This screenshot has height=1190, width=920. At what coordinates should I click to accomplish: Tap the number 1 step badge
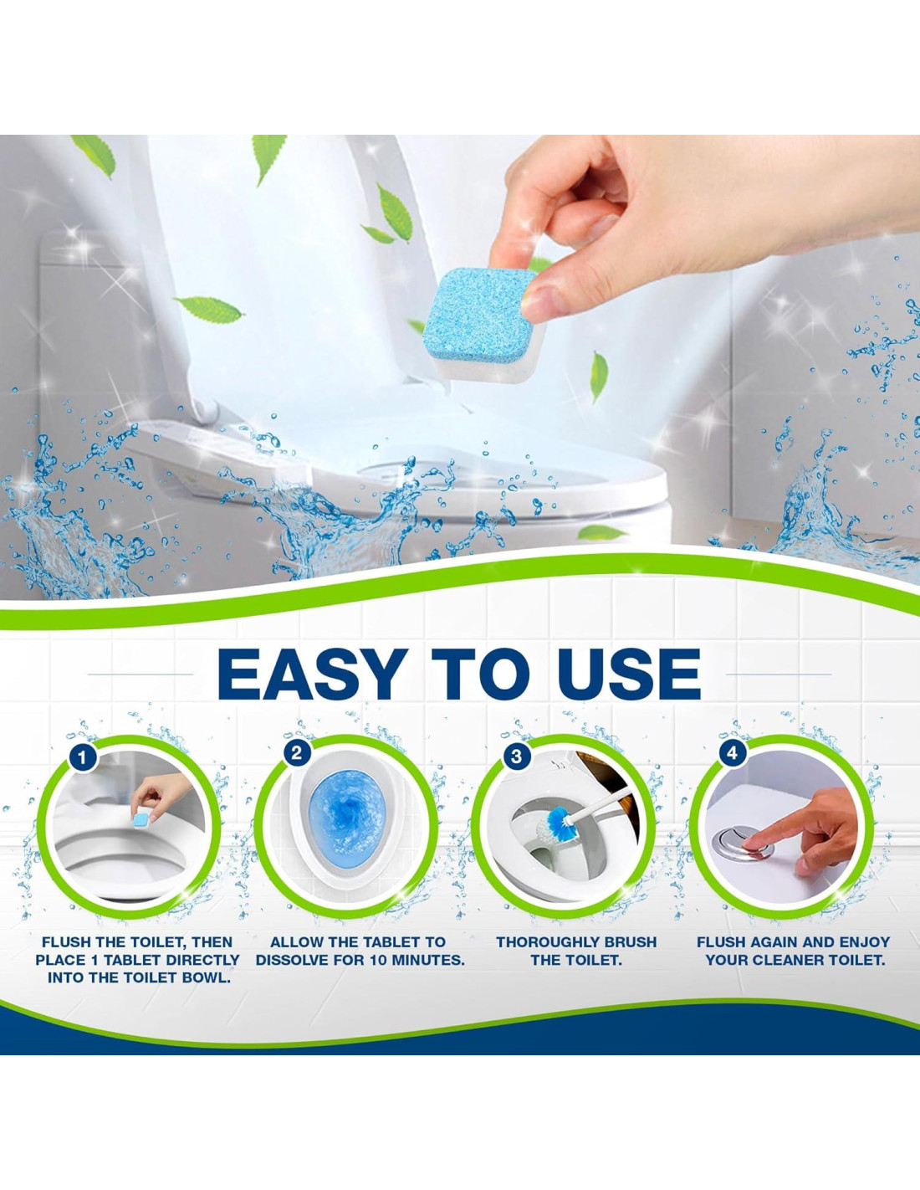click(83, 758)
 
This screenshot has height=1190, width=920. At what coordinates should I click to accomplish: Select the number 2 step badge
click(297, 752)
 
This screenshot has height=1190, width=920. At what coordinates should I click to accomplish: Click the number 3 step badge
click(516, 757)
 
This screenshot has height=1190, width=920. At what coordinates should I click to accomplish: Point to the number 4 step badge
click(732, 753)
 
